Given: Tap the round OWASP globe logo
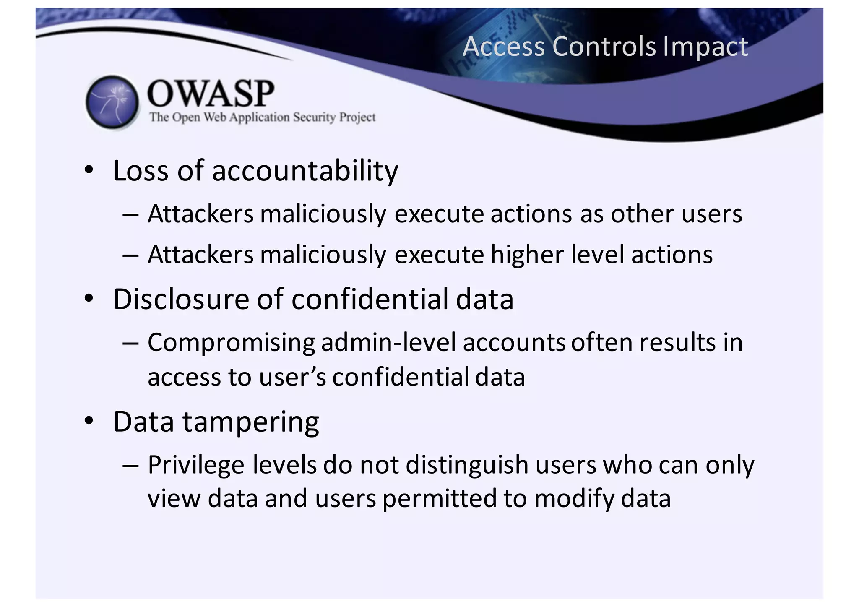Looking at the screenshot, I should click(x=112, y=102).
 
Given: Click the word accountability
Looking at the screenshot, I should click(x=305, y=171).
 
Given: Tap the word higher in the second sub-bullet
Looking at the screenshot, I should click(x=527, y=255).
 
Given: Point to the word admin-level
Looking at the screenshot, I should click(x=388, y=342).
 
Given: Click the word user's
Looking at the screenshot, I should click(x=292, y=377).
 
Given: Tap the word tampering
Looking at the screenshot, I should click(x=250, y=422).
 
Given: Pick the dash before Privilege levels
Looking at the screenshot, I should click(x=130, y=466).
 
